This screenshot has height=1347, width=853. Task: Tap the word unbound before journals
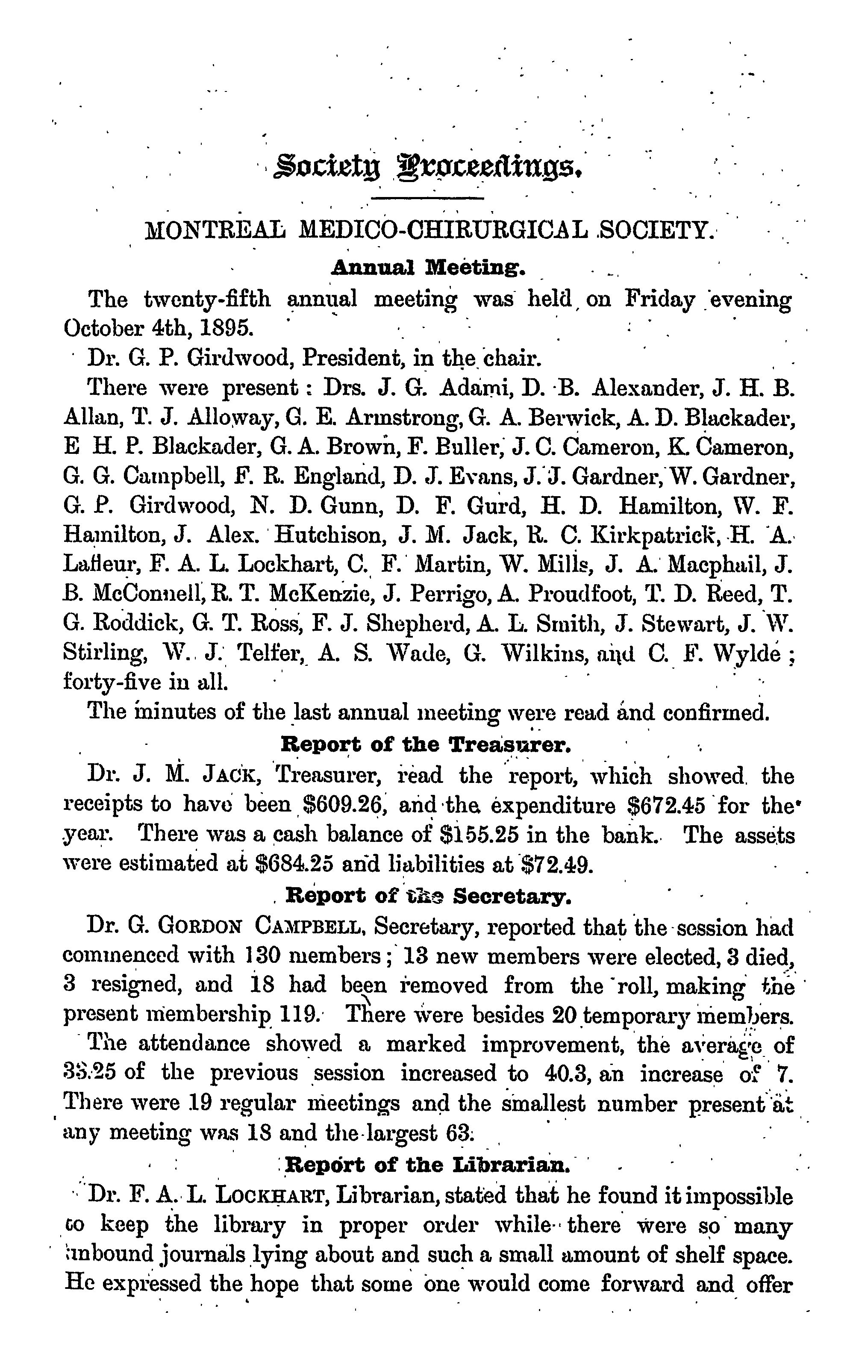[109, 1253]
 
